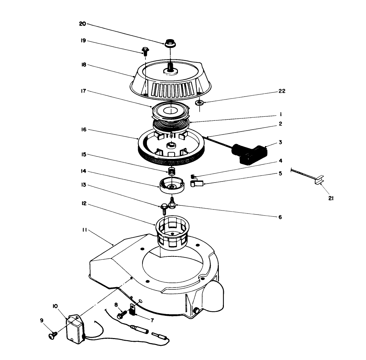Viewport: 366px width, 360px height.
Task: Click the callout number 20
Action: pyautogui.click(x=83, y=24)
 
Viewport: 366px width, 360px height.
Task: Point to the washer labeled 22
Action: pyautogui.click(x=200, y=102)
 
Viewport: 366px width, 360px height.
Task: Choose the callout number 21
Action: pyautogui.click(x=331, y=198)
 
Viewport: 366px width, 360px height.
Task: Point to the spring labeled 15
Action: pyautogui.click(x=172, y=171)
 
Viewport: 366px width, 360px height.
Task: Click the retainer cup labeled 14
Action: pyautogui.click(x=172, y=187)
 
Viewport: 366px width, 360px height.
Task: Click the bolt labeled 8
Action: pyautogui.click(x=121, y=314)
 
